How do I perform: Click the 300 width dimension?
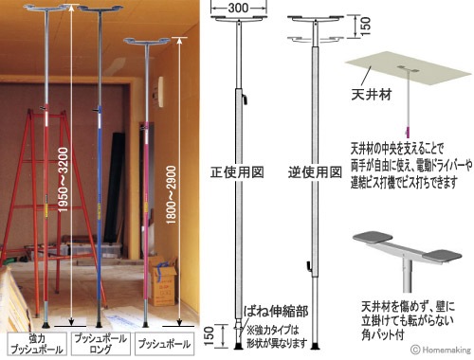tap(232, 9)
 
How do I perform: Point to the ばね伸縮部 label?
tap(271, 310)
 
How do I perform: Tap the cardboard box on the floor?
tap(164, 284)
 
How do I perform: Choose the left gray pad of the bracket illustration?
tap(368, 239)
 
